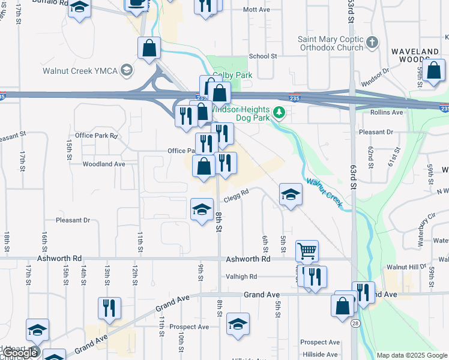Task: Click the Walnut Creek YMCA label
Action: (x=80, y=71)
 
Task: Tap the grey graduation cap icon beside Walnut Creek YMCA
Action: (x=126, y=71)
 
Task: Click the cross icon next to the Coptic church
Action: (x=373, y=43)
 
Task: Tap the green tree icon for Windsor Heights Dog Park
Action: (x=279, y=112)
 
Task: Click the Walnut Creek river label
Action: (x=324, y=193)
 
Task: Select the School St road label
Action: (x=262, y=56)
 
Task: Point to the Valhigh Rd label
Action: (x=241, y=277)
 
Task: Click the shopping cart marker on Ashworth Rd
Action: (x=307, y=251)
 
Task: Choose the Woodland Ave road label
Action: (x=104, y=164)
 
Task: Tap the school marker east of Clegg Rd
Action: (x=291, y=194)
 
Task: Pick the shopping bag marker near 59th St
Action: (x=433, y=70)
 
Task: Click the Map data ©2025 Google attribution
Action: (x=412, y=355)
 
